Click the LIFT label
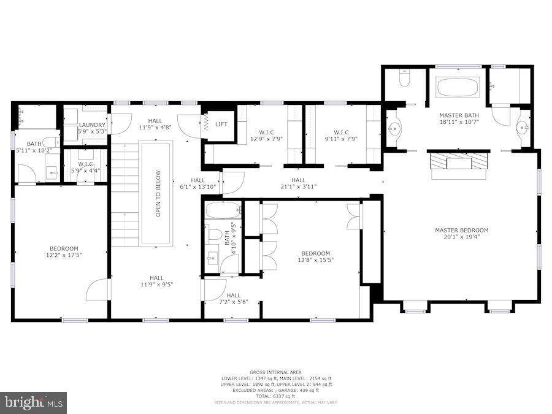click(221, 125)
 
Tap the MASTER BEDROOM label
click(461, 231)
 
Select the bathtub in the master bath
click(458, 87)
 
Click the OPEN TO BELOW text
click(158, 193)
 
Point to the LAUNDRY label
click(92, 125)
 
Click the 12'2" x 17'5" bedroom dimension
click(64, 256)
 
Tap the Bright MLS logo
click(34, 403)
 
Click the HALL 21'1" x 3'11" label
click(298, 186)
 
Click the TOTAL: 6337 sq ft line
click(275, 396)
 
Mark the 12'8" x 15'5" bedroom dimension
click(315, 260)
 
